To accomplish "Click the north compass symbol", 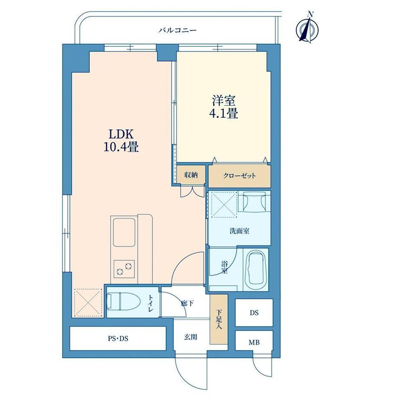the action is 307,29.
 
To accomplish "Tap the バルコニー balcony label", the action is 178,30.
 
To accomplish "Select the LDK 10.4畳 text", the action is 121,140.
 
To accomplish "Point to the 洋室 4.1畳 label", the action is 224,107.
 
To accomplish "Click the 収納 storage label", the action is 191,175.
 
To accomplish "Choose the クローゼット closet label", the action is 239,176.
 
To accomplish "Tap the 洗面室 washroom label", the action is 239,231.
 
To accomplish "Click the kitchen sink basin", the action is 124,232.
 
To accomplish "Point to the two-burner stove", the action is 124,269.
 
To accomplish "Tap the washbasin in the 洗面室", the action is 254,202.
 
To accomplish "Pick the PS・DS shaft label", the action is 118,339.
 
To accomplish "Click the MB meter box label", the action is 254,343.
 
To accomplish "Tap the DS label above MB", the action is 254,313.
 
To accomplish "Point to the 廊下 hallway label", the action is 187,303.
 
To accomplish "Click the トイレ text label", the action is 151,303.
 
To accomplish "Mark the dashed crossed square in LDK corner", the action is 88,303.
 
